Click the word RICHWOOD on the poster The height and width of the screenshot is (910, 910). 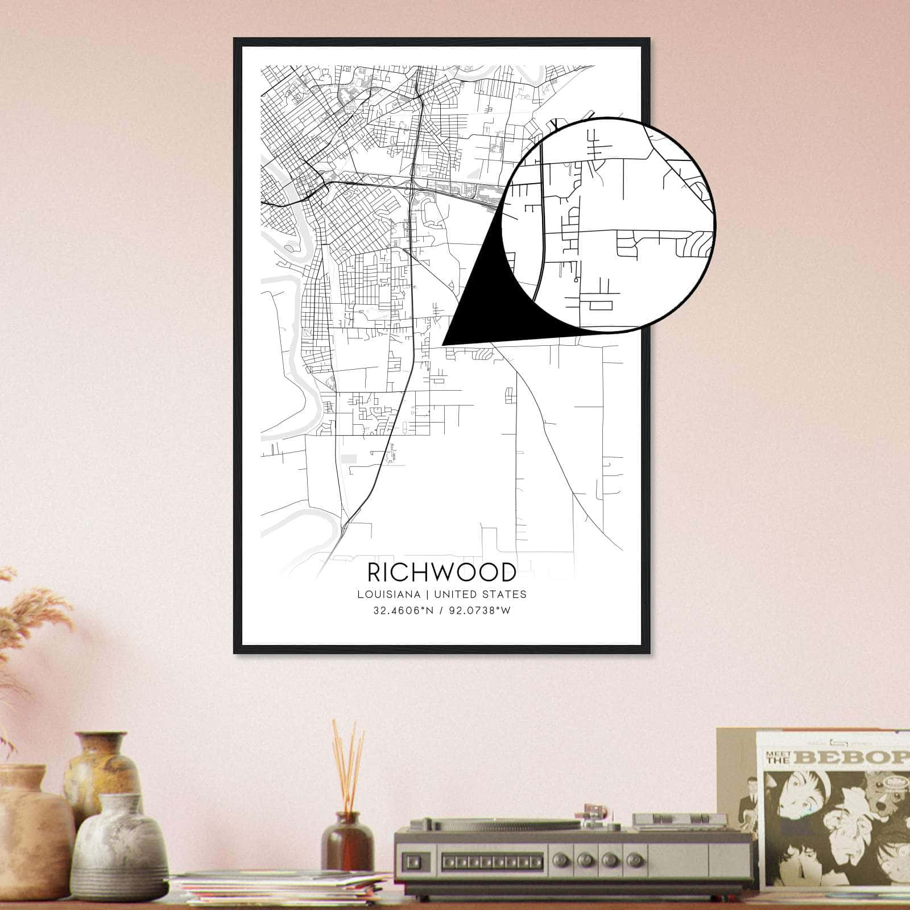coord(442,572)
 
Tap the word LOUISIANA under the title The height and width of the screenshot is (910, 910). coord(389,594)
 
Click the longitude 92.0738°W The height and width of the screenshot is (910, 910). coord(478,611)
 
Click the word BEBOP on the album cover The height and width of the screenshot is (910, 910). coord(853,758)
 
